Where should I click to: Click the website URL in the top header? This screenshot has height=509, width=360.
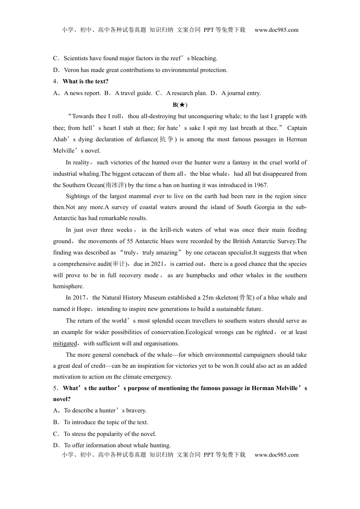pos(276,30)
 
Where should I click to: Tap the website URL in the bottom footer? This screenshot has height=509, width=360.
pos(276,455)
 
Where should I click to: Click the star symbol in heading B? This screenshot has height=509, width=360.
pos(182,105)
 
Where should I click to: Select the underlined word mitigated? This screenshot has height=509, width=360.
pos(65,343)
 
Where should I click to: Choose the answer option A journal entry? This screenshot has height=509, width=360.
pos(241,93)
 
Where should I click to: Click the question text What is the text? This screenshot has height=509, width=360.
pos(86,81)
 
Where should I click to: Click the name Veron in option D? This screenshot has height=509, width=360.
pos(72,70)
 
